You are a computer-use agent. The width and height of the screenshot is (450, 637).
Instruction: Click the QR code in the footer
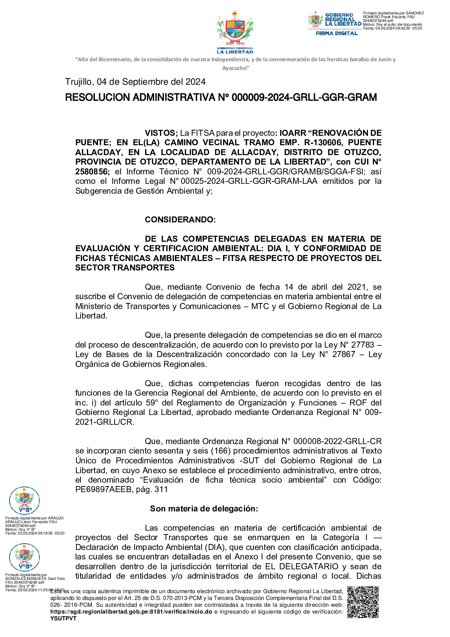point(363,602)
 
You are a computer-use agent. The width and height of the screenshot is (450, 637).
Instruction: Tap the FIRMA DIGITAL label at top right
point(337,33)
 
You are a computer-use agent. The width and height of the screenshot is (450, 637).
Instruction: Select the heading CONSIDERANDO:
point(180,220)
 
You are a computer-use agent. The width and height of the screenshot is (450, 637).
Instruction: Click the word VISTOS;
point(161,133)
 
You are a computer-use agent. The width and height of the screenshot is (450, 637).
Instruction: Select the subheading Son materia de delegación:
point(204,509)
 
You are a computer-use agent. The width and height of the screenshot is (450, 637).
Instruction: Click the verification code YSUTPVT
point(64,618)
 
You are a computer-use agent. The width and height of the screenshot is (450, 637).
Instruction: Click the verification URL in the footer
point(131,612)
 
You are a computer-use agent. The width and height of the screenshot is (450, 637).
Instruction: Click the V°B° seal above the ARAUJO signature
point(24,501)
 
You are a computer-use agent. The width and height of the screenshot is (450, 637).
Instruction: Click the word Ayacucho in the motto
point(235,68)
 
